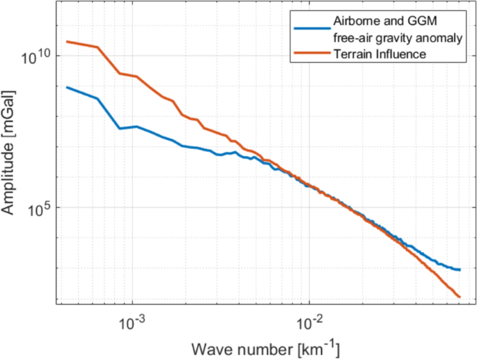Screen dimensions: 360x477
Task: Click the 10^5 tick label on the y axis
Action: (x=39, y=208)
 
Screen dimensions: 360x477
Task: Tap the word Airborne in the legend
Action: (x=355, y=23)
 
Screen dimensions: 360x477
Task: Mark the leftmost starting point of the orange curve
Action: (x=66, y=42)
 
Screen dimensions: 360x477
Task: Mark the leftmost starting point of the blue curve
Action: (x=66, y=87)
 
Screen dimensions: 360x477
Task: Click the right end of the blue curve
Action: (x=460, y=269)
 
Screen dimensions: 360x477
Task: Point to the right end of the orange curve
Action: (x=460, y=297)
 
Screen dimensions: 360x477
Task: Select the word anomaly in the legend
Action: (x=442, y=38)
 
